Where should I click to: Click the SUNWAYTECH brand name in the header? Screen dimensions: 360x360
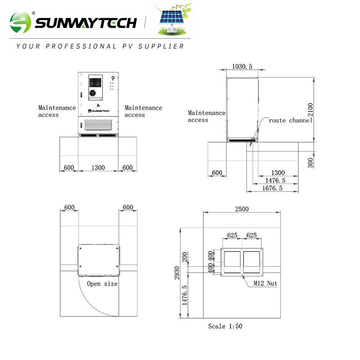coord(85,22)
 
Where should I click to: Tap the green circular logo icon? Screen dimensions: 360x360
coord(21,22)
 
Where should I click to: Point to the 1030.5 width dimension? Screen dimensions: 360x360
coord(242,67)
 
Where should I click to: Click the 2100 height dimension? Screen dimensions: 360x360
coord(310,109)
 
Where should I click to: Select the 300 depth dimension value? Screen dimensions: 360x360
coord(310,162)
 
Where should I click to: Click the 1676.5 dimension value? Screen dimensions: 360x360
coord(272,188)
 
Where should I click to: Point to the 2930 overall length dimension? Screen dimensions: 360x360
coord(178,272)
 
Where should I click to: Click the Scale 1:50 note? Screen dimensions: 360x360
coord(225,326)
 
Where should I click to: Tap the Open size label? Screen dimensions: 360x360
coord(102,284)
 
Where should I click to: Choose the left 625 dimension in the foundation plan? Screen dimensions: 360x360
coord(232,235)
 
